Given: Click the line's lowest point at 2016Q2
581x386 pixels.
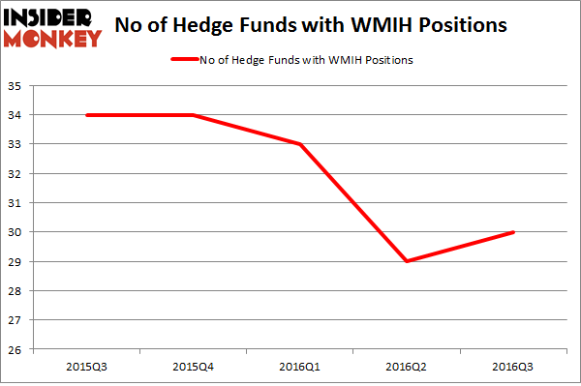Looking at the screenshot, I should pos(407,261).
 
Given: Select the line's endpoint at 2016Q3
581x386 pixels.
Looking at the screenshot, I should pos(512,232).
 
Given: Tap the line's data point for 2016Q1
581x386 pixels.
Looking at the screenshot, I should pos(301,144).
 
